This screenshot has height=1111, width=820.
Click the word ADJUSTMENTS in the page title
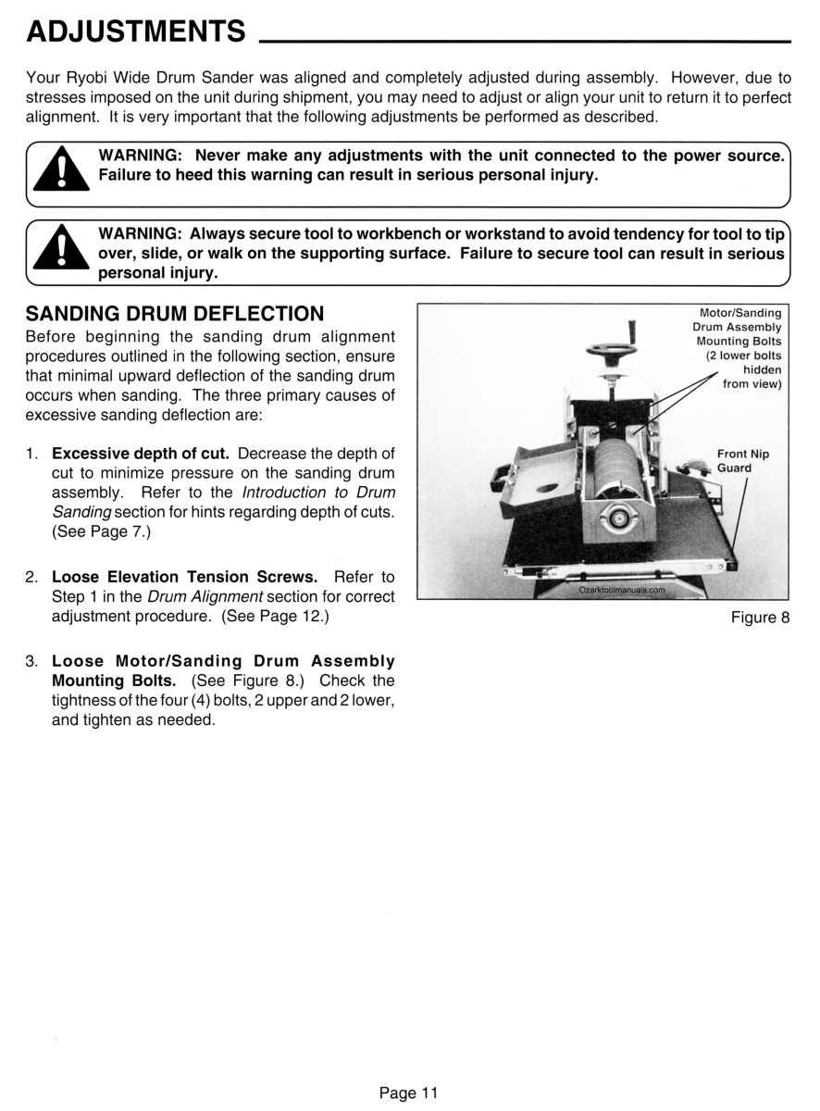coord(136,31)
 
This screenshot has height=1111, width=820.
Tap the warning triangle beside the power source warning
coord(61,169)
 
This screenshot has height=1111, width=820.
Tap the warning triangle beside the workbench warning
coord(61,247)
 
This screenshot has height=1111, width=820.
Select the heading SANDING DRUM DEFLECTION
coord(175,314)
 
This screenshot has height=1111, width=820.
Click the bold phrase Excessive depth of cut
coord(141,454)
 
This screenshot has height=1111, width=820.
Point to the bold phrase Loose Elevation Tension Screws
coord(184,577)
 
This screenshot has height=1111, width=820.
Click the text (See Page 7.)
coord(101,531)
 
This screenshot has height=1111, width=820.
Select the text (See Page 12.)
coord(275,616)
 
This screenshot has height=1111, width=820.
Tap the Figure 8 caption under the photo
coord(760,618)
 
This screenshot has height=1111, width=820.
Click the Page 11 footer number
coord(409,1092)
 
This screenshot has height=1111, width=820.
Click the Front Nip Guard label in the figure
coord(742,461)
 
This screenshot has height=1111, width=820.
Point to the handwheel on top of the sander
coord(611,350)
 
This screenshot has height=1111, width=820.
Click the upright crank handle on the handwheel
coord(632,332)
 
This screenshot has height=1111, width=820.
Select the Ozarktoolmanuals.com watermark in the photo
coord(622,590)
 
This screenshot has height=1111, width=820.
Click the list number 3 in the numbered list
coord(31,661)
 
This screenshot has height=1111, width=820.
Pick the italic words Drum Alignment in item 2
coord(205,596)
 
